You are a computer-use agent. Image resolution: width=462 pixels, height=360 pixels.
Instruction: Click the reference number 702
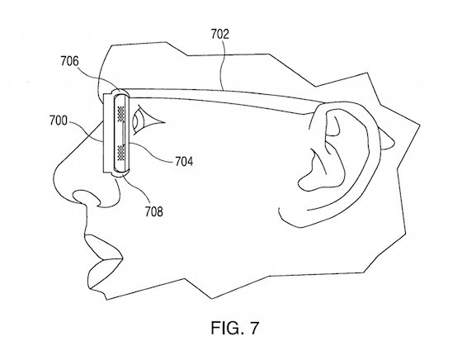click(219, 34)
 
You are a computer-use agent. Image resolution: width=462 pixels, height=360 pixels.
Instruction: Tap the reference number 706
click(70, 61)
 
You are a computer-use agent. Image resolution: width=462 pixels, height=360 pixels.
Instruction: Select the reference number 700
click(59, 121)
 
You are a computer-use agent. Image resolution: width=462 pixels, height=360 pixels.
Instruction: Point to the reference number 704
click(184, 161)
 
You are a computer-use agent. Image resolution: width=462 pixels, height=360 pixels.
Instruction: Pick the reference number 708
click(153, 211)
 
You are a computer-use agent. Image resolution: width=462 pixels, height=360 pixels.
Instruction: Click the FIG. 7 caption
click(235, 328)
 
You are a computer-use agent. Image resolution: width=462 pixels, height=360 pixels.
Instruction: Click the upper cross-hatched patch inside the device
click(121, 113)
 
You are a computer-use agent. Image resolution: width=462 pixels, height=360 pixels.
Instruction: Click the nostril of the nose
click(87, 197)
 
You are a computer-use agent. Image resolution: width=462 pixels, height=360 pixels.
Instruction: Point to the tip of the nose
click(55, 177)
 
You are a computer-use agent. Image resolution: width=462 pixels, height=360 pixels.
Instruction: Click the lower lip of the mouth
click(101, 273)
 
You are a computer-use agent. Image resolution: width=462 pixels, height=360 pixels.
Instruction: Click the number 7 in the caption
click(254, 328)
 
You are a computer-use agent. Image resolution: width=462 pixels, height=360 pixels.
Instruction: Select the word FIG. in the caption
click(227, 328)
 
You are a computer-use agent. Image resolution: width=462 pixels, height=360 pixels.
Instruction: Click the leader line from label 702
click(222, 65)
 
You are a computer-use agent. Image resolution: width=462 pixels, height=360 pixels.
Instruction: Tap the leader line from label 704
click(150, 153)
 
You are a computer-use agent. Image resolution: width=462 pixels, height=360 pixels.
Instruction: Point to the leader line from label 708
click(138, 189)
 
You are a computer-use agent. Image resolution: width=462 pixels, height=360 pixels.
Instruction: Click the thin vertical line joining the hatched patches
click(124, 133)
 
